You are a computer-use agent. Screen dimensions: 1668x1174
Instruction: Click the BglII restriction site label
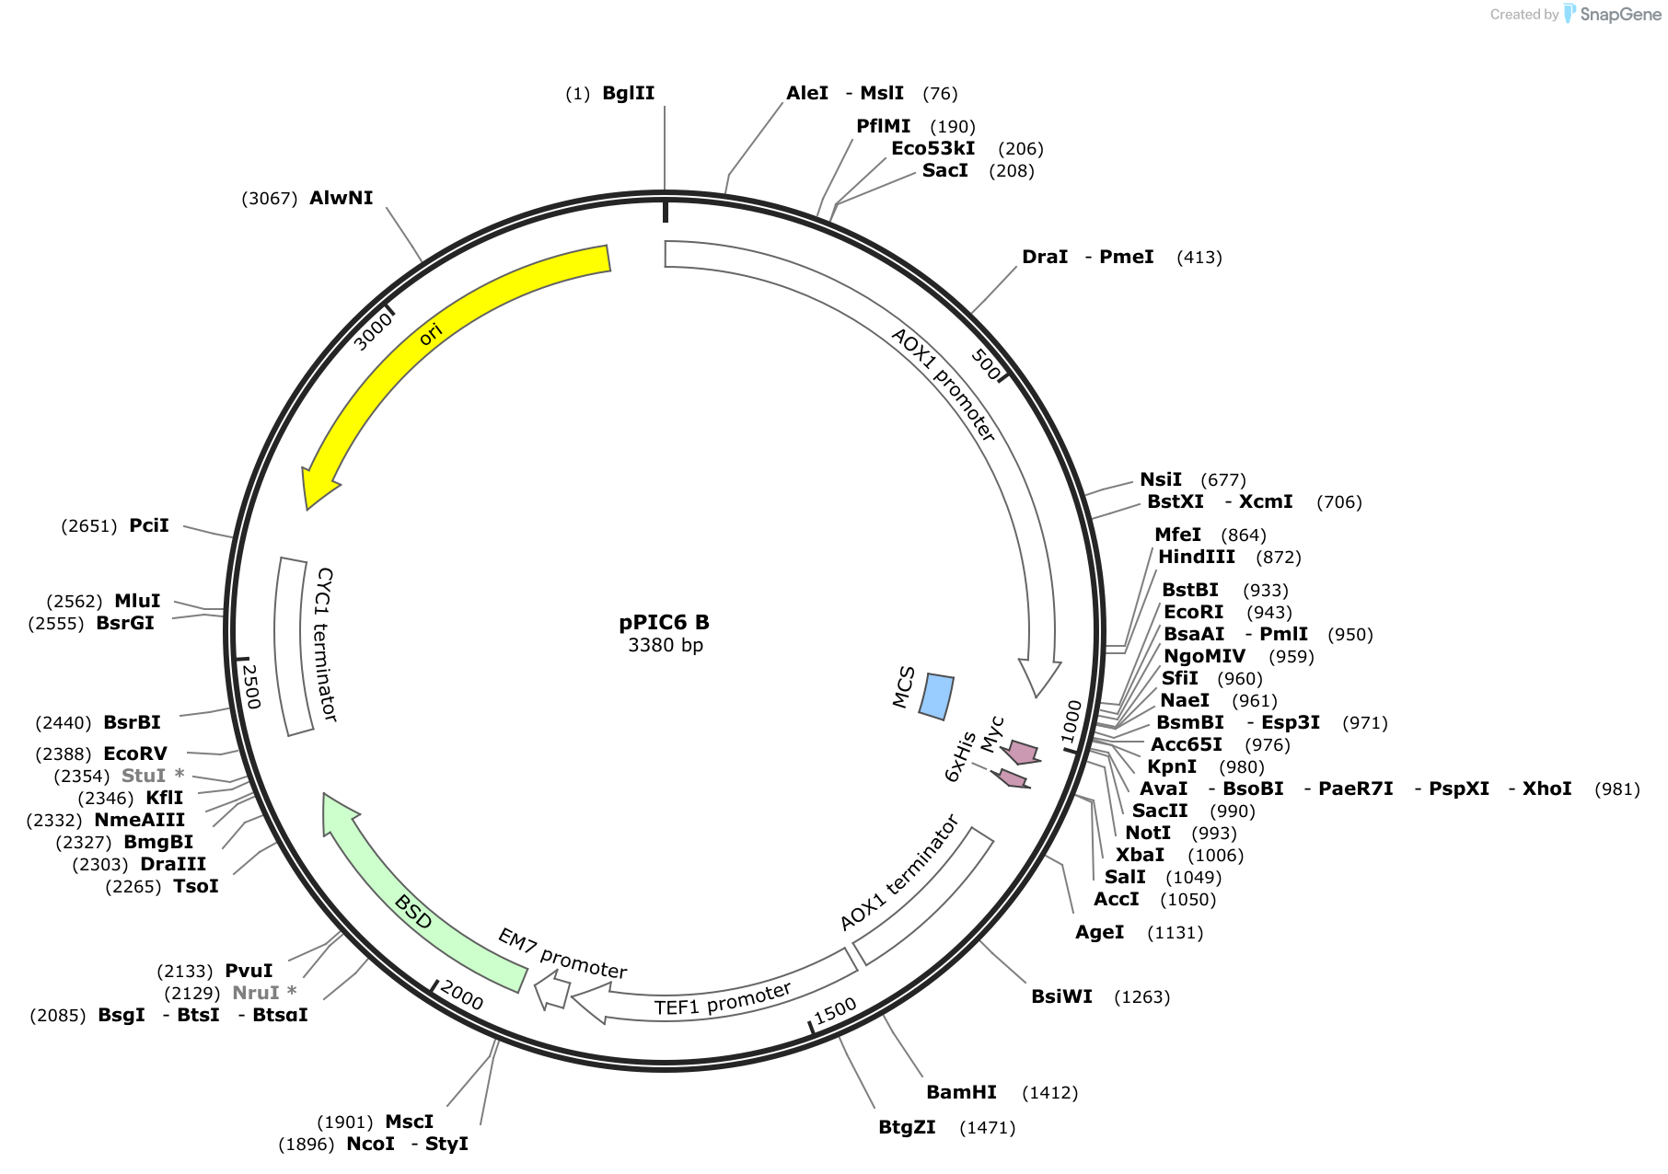pyautogui.click(x=628, y=93)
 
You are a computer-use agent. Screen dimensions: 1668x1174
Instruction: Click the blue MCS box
pyautogui.click(x=937, y=696)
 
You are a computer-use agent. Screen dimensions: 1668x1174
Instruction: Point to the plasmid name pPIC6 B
pyautogui.click(x=664, y=622)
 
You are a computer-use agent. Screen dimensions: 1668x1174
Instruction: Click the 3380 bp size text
pyautogui.click(x=665, y=645)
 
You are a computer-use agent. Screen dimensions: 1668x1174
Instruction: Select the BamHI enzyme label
pyautogui.click(x=961, y=1092)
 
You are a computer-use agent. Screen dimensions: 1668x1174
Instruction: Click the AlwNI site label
pyautogui.click(x=342, y=198)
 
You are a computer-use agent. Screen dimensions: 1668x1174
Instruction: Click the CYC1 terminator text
pyautogui.click(x=326, y=644)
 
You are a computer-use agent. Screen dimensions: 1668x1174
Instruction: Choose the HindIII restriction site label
pyautogui.click(x=1197, y=557)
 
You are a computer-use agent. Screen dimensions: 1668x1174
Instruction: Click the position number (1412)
pyautogui.click(x=1050, y=1093)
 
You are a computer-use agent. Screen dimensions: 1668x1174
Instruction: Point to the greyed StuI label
pyautogui.click(x=144, y=776)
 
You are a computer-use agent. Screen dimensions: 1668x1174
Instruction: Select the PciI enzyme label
pyautogui.click(x=149, y=525)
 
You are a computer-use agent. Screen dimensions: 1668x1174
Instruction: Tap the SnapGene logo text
pyautogui.click(x=1620, y=14)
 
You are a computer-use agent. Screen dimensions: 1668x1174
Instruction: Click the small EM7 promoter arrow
pyautogui.click(x=552, y=993)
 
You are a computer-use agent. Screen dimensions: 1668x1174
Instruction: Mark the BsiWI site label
pyautogui.click(x=1061, y=996)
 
